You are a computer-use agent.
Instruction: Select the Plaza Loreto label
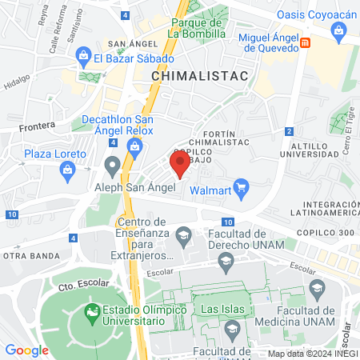(54, 154)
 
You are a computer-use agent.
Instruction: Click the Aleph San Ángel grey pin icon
(112, 166)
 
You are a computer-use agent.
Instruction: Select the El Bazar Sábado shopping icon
(82, 57)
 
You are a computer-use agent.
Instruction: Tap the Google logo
(27, 350)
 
